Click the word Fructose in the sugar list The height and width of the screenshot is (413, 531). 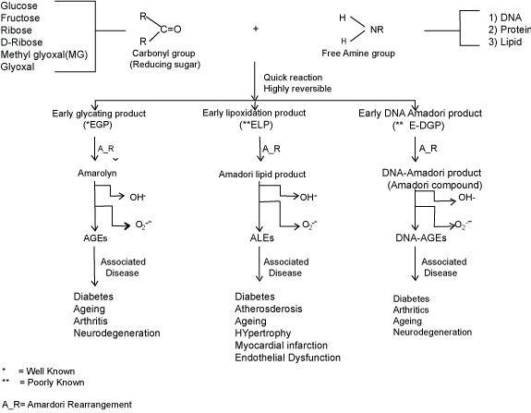(20, 18)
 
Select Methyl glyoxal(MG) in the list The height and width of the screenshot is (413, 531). (44, 55)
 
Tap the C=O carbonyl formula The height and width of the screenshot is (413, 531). (171, 30)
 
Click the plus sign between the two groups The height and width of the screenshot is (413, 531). (256, 29)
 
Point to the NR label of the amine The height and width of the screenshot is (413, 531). (377, 30)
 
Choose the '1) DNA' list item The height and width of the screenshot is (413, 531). (505, 18)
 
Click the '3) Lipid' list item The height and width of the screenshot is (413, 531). (505, 42)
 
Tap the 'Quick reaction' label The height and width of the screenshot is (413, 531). (293, 78)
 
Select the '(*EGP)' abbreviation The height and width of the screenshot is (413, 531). (98, 125)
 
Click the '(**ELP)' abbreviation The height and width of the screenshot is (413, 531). (256, 125)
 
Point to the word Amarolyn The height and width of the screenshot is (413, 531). (97, 173)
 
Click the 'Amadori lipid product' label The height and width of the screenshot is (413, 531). (262, 174)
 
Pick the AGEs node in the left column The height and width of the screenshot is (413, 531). (95, 238)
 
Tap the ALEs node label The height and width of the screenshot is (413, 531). (262, 237)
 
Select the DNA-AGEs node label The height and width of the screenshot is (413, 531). (421, 237)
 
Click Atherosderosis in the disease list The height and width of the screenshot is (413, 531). (269, 309)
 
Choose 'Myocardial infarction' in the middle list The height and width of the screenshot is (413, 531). (281, 346)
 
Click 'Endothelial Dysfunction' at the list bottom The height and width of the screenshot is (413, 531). (287, 358)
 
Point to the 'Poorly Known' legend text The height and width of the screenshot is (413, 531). (56, 383)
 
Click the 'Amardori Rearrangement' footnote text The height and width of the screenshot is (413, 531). (79, 405)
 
